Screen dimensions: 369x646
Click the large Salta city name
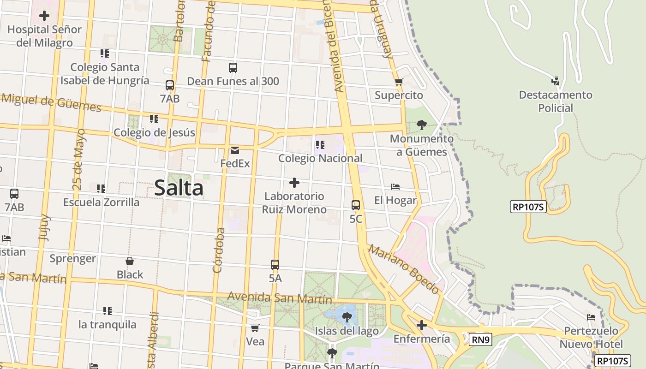point(179,188)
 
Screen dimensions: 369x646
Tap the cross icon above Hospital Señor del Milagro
point(44,16)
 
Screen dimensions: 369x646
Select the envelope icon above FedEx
point(235,150)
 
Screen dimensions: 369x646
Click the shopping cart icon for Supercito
point(399,82)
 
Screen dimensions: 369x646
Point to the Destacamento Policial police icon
point(555,81)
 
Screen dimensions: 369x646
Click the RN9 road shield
point(481,340)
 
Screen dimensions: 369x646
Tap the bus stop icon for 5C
point(356,205)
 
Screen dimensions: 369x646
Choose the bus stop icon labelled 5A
point(275,265)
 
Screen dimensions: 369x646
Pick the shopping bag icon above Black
point(130,261)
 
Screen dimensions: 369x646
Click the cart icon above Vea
point(255,328)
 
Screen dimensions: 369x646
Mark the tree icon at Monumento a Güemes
point(421,125)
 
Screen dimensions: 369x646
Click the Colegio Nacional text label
point(320,158)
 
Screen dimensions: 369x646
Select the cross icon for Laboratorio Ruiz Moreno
point(294,183)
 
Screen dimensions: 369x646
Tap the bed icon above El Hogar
point(395,187)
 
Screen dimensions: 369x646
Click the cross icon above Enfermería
point(421,325)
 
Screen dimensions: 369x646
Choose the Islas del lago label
point(347,331)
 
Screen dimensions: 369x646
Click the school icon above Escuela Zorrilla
point(101,188)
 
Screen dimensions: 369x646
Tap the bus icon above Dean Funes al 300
point(233,68)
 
